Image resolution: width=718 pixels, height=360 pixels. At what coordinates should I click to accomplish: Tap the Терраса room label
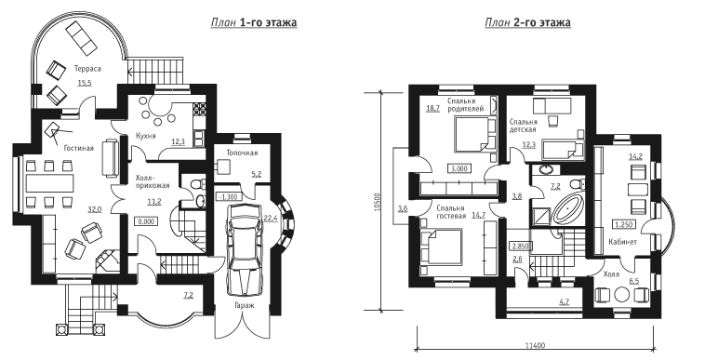tap(87, 69)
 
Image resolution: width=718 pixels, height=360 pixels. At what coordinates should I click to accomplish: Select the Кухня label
tap(146, 136)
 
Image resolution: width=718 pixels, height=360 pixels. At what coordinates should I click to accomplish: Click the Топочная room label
tap(242, 153)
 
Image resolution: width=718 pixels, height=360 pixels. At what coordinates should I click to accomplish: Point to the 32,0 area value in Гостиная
tap(94, 210)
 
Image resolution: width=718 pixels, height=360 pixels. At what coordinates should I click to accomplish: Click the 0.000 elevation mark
tap(147, 221)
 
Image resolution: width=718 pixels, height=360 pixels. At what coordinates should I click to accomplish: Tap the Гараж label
tap(242, 305)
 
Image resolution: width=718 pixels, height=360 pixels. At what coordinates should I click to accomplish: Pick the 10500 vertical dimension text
tap(377, 202)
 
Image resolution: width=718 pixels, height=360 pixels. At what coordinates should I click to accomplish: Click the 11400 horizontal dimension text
tap(535, 346)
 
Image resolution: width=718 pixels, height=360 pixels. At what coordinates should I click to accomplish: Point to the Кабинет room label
tap(622, 242)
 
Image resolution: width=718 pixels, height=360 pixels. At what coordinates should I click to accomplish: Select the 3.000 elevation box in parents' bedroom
tap(459, 168)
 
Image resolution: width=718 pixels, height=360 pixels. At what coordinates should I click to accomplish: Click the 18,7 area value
tap(432, 108)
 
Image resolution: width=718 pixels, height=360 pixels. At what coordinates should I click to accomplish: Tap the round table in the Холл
tap(621, 295)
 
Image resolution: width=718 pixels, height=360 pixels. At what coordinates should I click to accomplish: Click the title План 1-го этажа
tap(253, 22)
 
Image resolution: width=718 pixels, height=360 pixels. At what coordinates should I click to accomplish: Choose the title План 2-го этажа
tap(527, 22)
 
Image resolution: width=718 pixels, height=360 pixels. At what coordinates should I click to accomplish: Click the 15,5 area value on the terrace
tap(85, 84)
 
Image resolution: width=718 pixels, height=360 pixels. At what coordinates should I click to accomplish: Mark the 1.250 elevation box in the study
tap(623, 225)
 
